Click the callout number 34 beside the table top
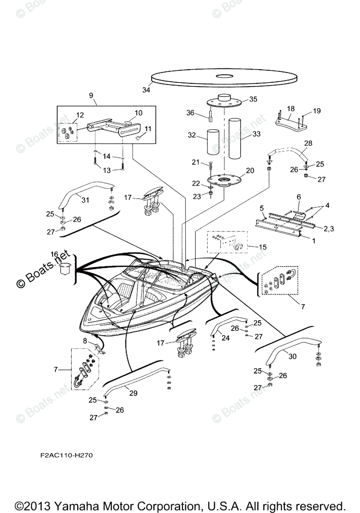(146, 90)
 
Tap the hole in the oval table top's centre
(224, 77)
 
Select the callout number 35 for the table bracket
(253, 99)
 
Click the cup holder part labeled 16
(65, 268)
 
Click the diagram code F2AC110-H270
(64, 455)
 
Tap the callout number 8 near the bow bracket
(85, 341)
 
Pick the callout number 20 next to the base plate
(250, 170)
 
